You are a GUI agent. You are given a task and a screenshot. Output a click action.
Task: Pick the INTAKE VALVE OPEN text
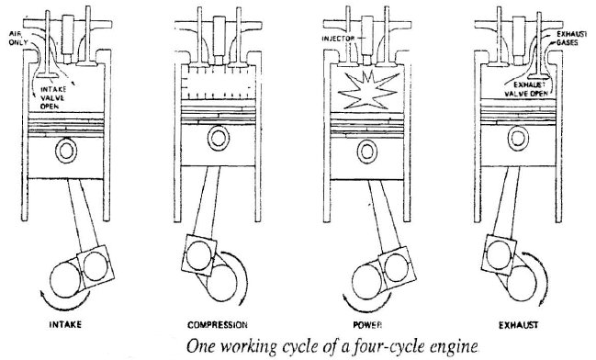pos(78,90)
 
